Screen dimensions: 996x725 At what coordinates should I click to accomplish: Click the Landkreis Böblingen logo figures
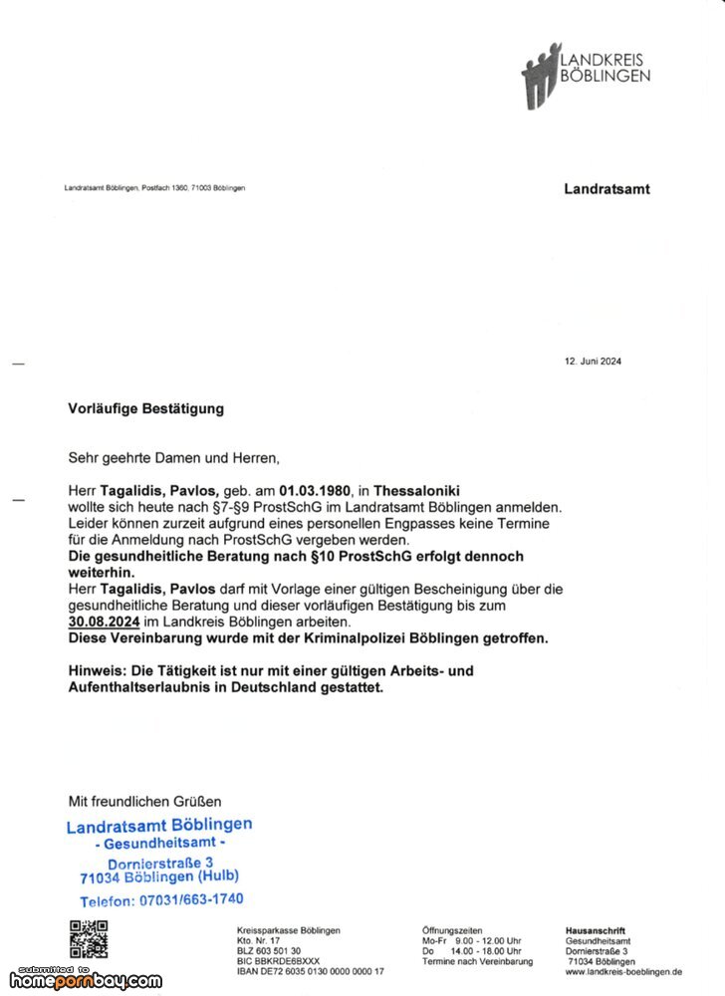[541, 76]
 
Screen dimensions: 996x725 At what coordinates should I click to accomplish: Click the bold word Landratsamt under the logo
[606, 188]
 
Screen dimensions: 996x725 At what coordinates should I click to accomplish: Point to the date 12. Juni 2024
[593, 362]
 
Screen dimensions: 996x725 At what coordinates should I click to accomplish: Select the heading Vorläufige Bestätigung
[145, 408]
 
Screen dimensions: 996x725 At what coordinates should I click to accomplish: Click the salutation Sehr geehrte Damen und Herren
[174, 458]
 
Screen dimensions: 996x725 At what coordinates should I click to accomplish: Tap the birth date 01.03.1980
[316, 491]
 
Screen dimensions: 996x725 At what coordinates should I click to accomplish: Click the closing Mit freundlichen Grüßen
[144, 801]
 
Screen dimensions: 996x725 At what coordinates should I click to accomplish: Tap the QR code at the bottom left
[88, 940]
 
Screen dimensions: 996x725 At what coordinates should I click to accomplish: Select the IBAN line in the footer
[310, 971]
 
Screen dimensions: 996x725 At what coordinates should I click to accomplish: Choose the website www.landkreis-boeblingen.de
[623, 971]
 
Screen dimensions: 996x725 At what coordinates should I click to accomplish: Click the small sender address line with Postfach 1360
[154, 188]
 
